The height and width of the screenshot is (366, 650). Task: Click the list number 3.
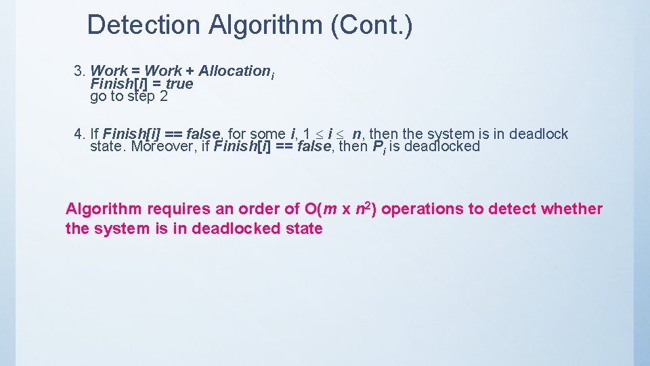79,70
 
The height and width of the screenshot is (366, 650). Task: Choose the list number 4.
79,134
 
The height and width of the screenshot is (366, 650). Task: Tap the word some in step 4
267,134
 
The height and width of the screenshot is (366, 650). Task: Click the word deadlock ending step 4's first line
539,134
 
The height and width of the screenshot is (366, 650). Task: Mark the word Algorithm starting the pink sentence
104,209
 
